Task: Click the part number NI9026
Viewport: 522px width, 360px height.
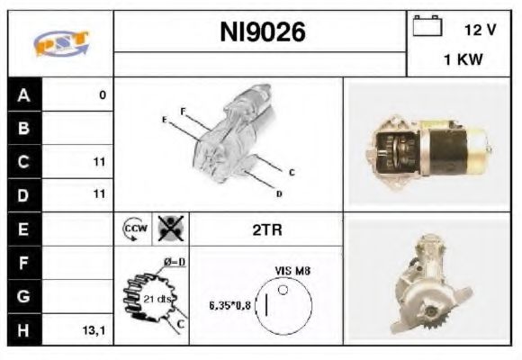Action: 262,33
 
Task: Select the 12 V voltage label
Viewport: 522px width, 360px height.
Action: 480,30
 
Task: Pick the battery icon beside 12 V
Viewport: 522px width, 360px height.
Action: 424,27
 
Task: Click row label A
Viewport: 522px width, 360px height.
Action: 23,94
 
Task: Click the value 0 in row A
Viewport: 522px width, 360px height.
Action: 103,94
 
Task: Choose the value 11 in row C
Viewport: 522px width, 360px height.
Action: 99,163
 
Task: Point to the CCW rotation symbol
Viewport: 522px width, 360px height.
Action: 133,229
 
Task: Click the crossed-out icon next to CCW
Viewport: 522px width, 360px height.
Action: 168,229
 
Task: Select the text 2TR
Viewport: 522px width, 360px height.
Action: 266,230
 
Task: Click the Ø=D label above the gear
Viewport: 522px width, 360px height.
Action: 174,263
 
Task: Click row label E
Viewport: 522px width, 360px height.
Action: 23,229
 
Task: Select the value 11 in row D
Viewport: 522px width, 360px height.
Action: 99,193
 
